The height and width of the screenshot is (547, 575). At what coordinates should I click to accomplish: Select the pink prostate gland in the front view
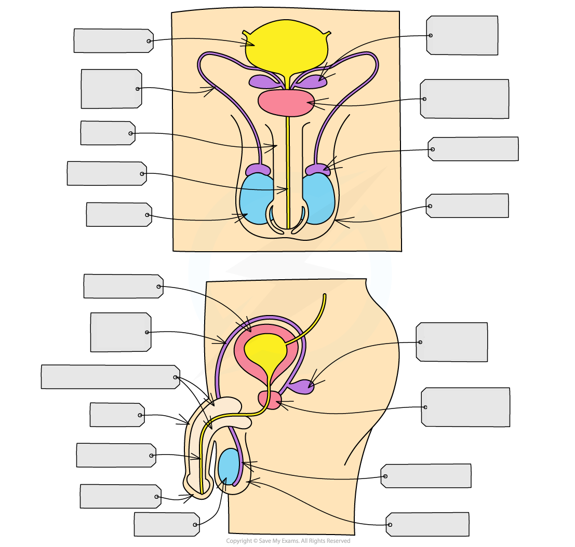[286, 102]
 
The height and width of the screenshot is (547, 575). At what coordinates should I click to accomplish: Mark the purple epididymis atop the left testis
[258, 170]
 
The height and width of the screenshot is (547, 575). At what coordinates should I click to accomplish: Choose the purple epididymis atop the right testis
[317, 170]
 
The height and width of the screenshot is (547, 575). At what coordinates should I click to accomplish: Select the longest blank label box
[110, 377]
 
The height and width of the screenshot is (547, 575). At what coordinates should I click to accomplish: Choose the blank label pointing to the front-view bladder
[113, 40]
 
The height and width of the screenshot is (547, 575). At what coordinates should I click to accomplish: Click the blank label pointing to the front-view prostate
[465, 99]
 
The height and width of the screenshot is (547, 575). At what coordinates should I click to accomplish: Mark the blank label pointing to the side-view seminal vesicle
[452, 342]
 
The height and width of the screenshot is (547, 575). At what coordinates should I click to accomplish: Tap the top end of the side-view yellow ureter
[325, 296]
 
